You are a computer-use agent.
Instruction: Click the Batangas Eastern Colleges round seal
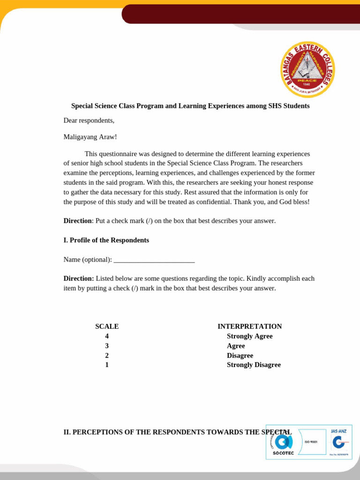[x=307, y=69]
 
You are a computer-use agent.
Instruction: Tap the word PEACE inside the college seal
[x=307, y=80]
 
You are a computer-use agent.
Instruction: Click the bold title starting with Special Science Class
[x=190, y=106]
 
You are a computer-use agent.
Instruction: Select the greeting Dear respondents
[x=89, y=120]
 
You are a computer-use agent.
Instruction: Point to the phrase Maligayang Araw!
[x=90, y=137]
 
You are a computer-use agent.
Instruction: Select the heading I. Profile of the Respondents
[x=106, y=240]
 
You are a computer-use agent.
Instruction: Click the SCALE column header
[x=107, y=326]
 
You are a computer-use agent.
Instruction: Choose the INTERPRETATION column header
[x=249, y=326]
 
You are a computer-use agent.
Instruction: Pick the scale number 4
[x=107, y=336]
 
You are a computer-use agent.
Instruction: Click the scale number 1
[x=107, y=365]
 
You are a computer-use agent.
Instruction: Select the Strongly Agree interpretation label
[x=249, y=336]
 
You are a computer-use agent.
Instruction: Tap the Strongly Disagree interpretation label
[x=254, y=365]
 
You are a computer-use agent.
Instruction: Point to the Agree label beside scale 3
[x=236, y=346]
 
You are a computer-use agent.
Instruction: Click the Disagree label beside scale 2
[x=240, y=355]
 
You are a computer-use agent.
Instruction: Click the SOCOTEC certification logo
[x=283, y=443]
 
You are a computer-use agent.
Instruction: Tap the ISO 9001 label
[x=311, y=442]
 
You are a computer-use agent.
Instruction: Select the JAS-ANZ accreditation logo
[x=339, y=441]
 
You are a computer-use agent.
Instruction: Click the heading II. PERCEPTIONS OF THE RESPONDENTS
[x=177, y=432]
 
